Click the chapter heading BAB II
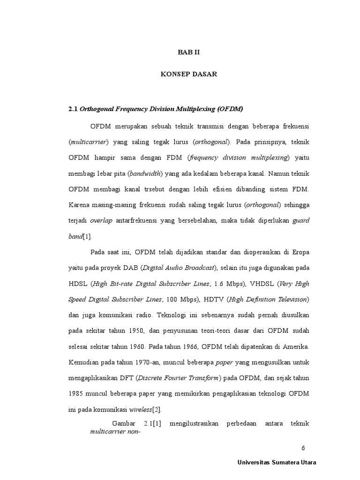188,52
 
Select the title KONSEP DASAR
188,75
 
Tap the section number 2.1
73,109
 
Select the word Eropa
299,252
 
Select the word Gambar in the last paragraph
124,424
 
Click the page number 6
303,448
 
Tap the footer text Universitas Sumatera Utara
277,463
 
